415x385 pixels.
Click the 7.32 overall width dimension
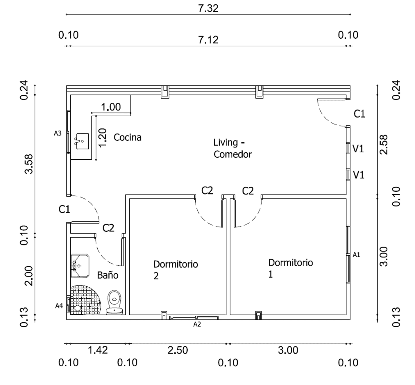(x=208, y=8)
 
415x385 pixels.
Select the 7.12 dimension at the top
(x=208, y=40)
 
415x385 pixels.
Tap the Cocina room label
(x=127, y=137)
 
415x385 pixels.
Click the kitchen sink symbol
(x=82, y=141)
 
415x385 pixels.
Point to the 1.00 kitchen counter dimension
(x=111, y=107)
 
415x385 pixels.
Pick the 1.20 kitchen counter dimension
(x=103, y=138)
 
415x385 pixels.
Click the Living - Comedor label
(x=232, y=148)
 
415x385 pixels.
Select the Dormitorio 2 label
(x=176, y=269)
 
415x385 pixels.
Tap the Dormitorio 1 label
(x=290, y=268)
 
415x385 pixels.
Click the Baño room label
(x=108, y=275)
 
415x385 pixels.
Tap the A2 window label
(x=197, y=324)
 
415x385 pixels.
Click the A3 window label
(x=58, y=133)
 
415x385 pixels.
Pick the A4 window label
(x=59, y=306)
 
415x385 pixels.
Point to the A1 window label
(x=356, y=255)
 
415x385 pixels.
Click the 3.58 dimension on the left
(x=29, y=164)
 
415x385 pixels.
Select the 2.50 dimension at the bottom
(x=178, y=350)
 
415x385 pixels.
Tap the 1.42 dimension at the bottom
(x=98, y=350)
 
